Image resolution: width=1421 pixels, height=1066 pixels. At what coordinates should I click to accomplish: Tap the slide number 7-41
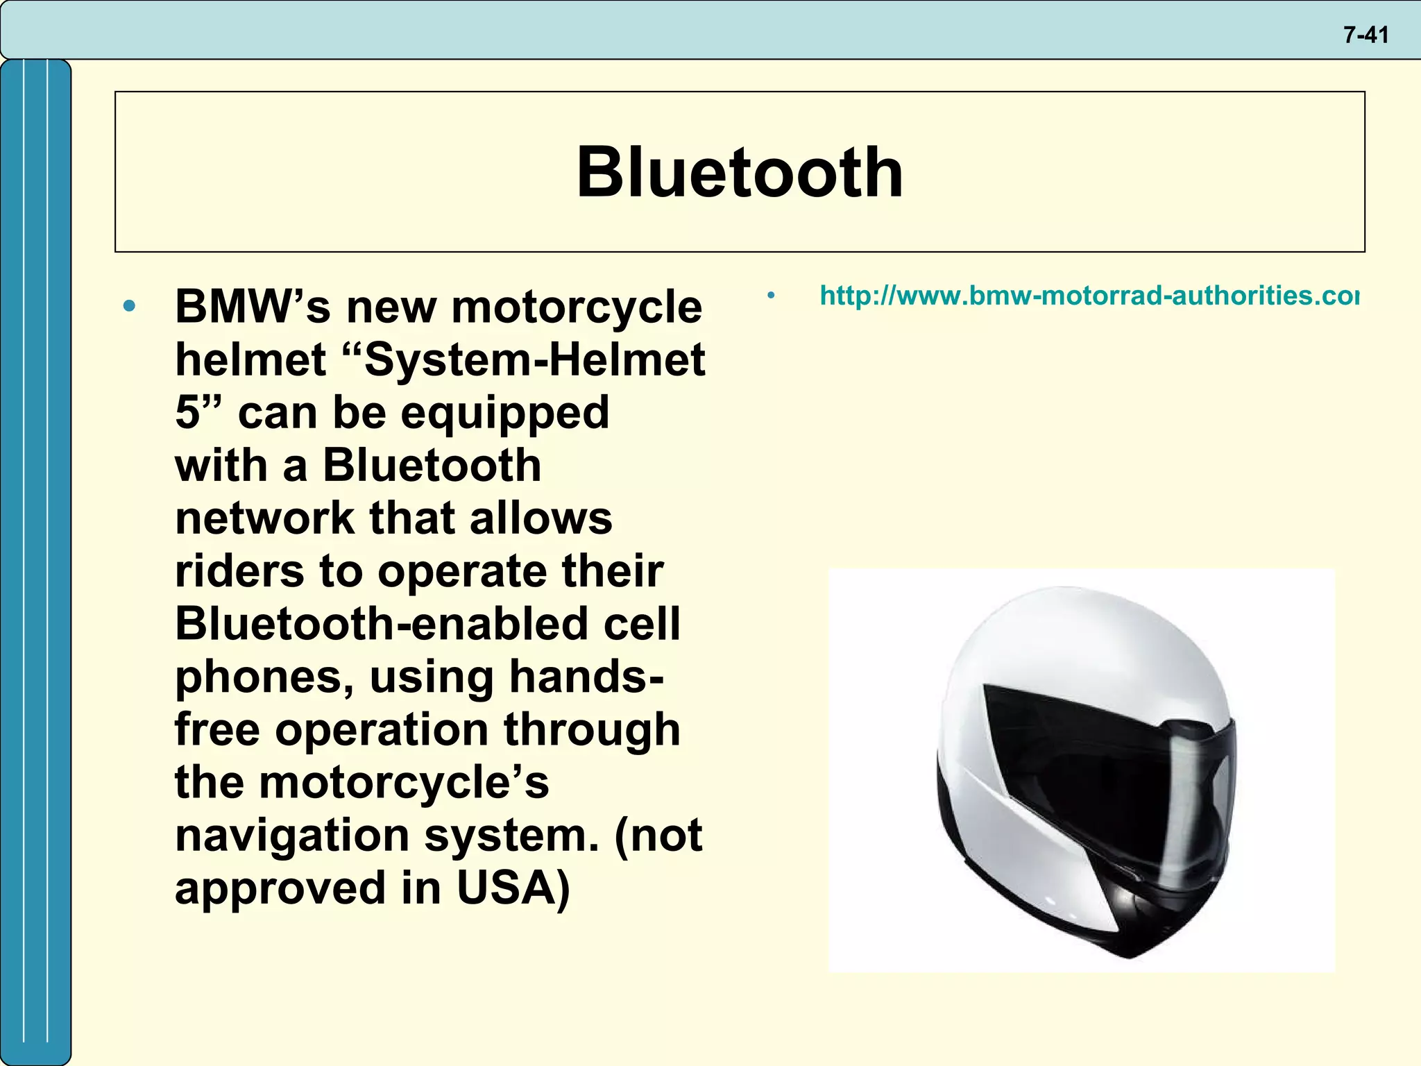[1365, 35]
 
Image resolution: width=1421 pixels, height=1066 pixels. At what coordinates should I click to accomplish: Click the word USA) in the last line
[513, 888]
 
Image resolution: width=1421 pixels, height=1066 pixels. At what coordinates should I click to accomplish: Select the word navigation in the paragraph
[291, 835]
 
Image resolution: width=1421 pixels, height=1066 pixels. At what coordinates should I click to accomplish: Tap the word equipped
[504, 413]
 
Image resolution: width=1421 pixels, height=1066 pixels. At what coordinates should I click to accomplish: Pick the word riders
[239, 571]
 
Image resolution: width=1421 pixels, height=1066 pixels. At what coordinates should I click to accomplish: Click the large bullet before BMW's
[129, 306]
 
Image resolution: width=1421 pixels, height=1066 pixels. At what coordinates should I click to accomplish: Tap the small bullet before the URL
[771, 296]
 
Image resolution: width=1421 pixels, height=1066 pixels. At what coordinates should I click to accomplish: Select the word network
[264, 518]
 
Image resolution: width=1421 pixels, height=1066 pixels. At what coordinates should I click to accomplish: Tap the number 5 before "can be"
[187, 413]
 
